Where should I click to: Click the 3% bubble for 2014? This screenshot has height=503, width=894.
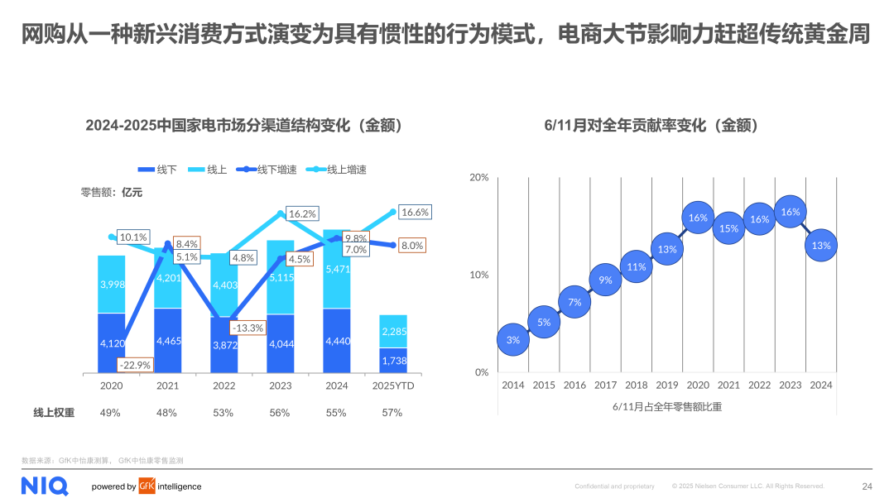click(513, 340)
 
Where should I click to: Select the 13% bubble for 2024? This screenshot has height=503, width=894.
click(821, 246)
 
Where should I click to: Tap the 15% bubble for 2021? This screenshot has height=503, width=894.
click(728, 228)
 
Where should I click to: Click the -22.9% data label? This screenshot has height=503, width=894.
click(133, 365)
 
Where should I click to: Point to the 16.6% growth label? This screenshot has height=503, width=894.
click(415, 213)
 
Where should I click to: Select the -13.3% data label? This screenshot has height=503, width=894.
click(248, 328)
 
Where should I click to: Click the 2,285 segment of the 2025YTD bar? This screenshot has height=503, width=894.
click(393, 332)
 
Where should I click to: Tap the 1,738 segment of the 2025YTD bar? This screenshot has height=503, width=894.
click(393, 361)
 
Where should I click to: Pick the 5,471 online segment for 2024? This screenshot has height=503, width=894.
click(337, 270)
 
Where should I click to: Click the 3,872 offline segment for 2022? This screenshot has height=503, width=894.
click(224, 345)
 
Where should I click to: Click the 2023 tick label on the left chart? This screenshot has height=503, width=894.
click(281, 385)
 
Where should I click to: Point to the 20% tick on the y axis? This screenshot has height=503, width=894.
click(479, 177)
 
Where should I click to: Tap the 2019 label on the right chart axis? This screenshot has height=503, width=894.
click(666, 385)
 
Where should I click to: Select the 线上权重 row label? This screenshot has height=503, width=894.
click(54, 412)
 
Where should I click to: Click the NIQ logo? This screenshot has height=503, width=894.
click(45, 486)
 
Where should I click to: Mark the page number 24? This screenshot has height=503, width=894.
click(867, 486)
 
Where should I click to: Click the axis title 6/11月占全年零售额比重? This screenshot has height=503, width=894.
click(666, 406)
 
